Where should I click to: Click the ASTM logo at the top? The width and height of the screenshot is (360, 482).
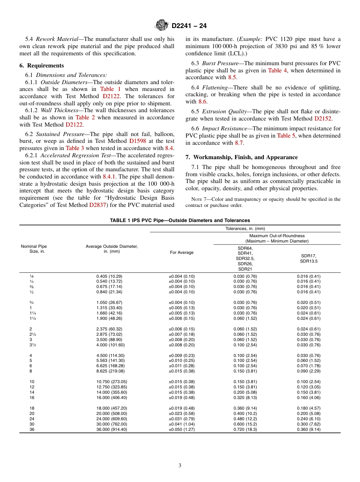(x=162, y=26)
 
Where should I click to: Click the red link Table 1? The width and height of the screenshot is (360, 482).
(x=110, y=89)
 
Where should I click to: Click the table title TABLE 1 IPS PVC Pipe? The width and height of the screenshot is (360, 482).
(x=180, y=221)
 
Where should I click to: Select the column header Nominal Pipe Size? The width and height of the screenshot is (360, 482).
(x=34, y=249)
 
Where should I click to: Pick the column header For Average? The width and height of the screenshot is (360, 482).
(x=182, y=253)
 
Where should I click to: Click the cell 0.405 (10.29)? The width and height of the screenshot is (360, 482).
(x=109, y=276)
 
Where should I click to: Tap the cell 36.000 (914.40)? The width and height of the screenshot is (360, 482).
(x=111, y=429)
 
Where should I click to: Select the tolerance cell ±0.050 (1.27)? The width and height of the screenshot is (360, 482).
(x=182, y=429)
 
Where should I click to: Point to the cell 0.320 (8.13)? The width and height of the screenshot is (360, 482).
(x=245, y=397)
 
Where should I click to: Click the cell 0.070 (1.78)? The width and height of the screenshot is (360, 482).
(x=308, y=366)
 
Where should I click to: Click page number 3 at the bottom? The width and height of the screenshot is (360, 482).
(x=180, y=466)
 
